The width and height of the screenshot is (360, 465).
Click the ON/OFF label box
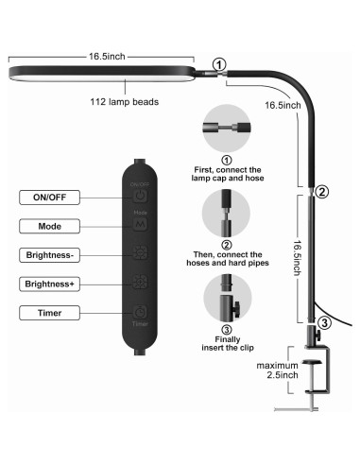pos(49,198)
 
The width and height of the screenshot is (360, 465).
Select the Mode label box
pos(49,226)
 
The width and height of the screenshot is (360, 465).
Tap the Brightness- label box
pos(49,255)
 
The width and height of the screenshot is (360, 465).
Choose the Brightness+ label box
pos(49,284)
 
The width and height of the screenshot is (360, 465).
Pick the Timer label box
pos(49,313)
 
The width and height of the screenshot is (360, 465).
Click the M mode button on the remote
pos(140,224)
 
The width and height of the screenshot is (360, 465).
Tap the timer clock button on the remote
pos(140,312)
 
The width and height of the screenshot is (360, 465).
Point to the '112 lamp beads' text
pos(125,102)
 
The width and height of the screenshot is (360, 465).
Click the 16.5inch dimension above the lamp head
pos(107,57)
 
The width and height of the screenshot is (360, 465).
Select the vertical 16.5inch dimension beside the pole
pos(298,258)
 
